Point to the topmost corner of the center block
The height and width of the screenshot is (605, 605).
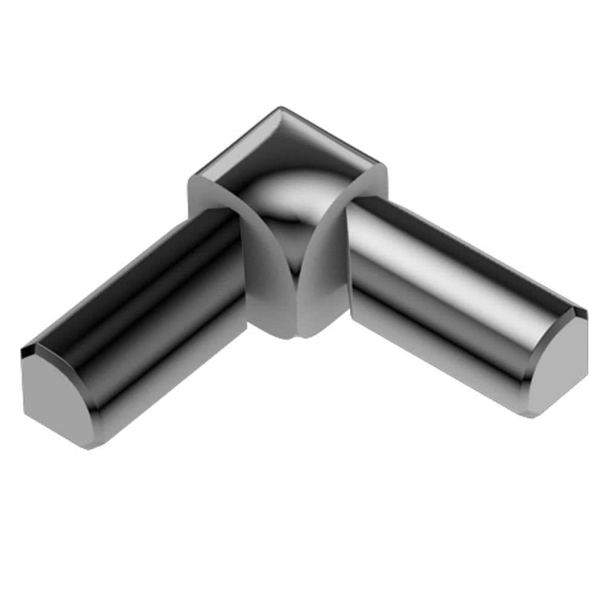pyautogui.click(x=280, y=109)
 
